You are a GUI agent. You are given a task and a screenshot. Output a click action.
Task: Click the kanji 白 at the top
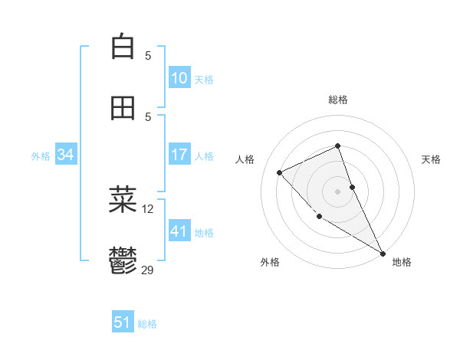pos(123,47)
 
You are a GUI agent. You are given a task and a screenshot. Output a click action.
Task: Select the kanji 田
pos(123,109)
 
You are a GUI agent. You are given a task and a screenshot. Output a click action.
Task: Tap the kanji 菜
pos(123,200)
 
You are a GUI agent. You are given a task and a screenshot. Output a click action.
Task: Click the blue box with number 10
pos(179,77)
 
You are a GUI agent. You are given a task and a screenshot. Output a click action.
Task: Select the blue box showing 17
pos(179,155)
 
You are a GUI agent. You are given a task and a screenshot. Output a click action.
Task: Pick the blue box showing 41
pos(179,231)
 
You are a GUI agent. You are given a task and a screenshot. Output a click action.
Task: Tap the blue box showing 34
pos(66,155)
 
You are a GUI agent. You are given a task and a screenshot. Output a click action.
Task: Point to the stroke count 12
pos(148,208)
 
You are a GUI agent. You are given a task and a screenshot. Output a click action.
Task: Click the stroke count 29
pos(148,270)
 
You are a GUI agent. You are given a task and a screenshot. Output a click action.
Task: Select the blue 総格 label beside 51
pos(147,324)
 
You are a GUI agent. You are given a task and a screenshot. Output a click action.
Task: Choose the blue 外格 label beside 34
pos(41,156)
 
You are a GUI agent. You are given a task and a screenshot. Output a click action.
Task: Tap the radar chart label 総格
pos(338,100)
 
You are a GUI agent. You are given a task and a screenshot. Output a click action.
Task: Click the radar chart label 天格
pos(431,159)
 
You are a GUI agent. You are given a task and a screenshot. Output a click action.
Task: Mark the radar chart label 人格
pos(245,159)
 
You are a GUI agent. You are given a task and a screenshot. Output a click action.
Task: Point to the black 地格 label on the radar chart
pos(402,262)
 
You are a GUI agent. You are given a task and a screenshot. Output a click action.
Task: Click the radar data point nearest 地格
pos(383,253)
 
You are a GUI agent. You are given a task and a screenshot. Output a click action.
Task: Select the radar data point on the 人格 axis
pos(280,172)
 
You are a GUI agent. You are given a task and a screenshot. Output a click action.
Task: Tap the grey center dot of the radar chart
pos(338,191)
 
